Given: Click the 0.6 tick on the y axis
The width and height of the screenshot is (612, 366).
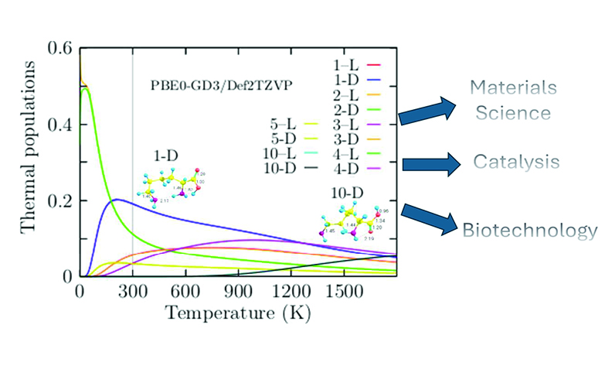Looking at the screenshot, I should tap(60, 49).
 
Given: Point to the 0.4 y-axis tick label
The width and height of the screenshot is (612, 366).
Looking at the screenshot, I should tap(60, 125).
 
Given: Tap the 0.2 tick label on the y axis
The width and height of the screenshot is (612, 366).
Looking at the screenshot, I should tap(60, 200).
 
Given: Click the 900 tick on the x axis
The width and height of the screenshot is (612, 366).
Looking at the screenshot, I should tap(237, 292).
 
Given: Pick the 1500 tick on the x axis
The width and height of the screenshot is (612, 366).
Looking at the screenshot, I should tap(342, 292).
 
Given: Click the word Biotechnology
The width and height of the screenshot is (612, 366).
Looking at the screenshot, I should tap(529, 230).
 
